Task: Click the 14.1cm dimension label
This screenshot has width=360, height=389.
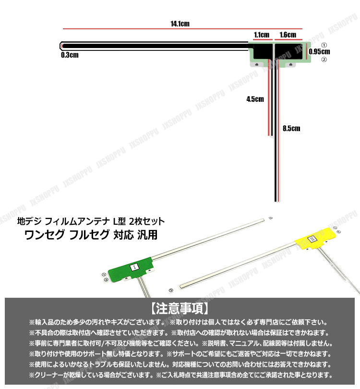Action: pos(180,23)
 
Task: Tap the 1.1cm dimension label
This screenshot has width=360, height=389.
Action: pos(261,35)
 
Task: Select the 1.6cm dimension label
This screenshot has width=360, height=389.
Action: pos(288,35)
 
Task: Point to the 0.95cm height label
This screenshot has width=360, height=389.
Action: pos(320,51)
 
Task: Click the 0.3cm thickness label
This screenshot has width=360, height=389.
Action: pos(70,55)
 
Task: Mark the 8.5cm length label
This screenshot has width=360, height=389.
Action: pos(291,128)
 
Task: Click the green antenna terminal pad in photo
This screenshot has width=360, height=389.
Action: pos(130,268)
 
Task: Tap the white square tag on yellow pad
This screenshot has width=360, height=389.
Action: pos(312,239)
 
